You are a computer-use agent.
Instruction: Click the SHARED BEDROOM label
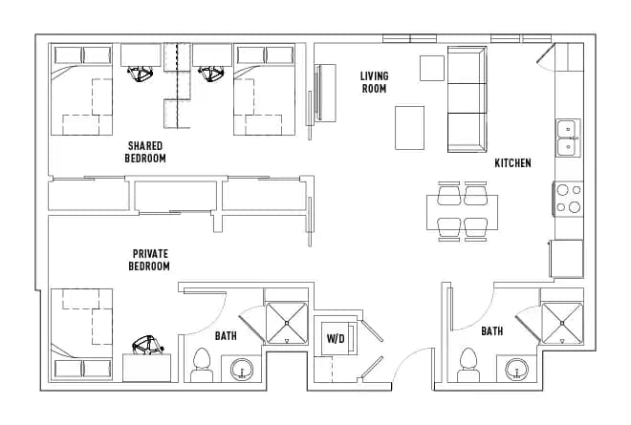tap(145, 152)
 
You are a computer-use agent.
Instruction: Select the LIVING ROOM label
tap(373, 82)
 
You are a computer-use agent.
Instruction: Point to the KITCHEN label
tap(512, 163)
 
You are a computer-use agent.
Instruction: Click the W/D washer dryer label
tap(336, 338)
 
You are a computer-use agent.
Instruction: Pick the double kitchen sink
tap(567, 137)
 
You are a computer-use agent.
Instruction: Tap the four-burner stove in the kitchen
tap(568, 198)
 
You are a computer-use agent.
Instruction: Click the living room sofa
tap(468, 98)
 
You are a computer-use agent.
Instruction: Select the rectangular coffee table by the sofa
tap(410, 127)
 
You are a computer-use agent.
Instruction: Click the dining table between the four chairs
tap(463, 211)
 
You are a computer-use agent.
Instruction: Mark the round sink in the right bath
tap(518, 369)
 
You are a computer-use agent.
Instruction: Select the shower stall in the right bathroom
tap(561, 323)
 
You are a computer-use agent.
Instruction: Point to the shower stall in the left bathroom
tap(286, 323)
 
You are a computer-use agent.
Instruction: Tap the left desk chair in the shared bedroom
tap(143, 73)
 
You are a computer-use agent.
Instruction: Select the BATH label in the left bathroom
tap(226, 335)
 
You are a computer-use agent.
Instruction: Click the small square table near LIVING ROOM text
tap(431, 68)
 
